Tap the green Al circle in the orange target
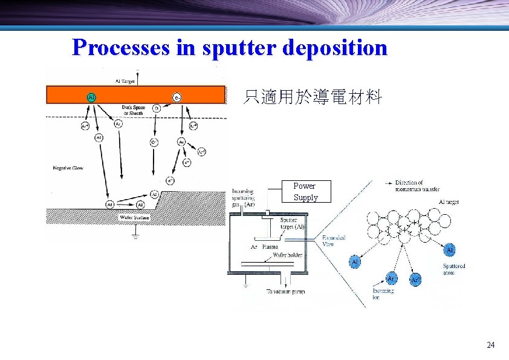coord(91,97)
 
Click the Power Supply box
coord(305,192)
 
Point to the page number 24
coord(490,345)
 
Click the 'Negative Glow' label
coord(68,168)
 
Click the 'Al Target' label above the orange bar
coord(125,80)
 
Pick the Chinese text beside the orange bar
coord(312,97)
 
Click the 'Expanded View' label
coord(334,241)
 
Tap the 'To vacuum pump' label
coord(285,292)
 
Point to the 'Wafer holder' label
coord(288,255)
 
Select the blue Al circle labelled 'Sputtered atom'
coord(449,250)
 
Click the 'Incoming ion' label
coord(383,294)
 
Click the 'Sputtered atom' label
coord(454,269)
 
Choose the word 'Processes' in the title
coord(120,47)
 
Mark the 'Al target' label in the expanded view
coord(448,202)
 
